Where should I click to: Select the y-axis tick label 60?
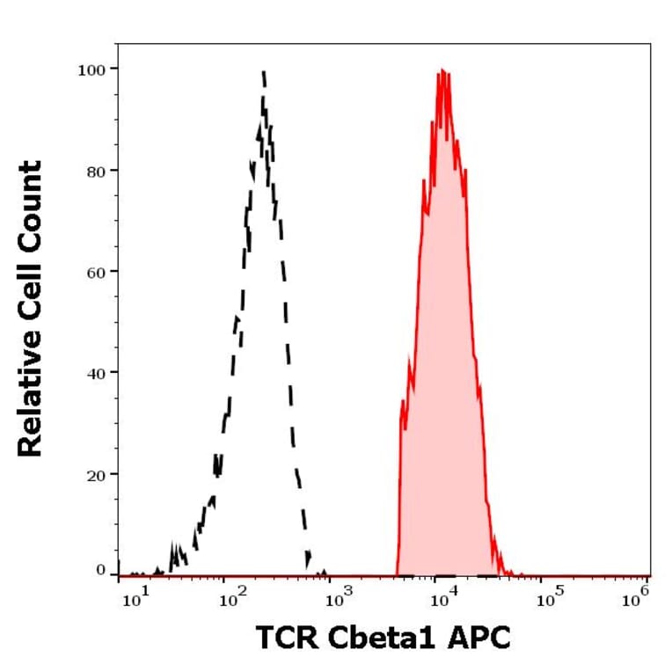pyautogui.click(x=97, y=271)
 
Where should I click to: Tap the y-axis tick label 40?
pyautogui.click(x=97, y=372)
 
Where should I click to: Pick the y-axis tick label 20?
pyautogui.click(x=97, y=474)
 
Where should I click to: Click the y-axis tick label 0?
pyautogui.click(x=100, y=570)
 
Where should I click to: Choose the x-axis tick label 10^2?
pyautogui.click(x=233, y=600)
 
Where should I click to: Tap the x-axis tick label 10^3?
pyautogui.click(x=337, y=600)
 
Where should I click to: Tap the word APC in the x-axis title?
pyautogui.click(x=481, y=637)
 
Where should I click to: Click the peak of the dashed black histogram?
pyautogui.click(x=263, y=72)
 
